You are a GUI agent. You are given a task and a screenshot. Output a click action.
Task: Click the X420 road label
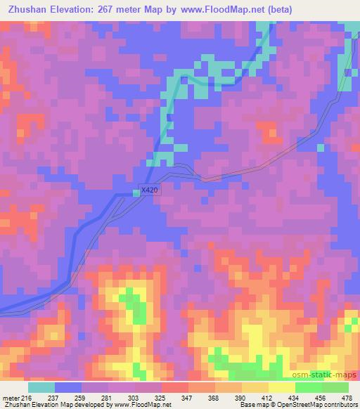click(x=148, y=190)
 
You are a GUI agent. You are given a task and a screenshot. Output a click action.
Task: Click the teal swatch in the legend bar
click(x=41, y=388)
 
